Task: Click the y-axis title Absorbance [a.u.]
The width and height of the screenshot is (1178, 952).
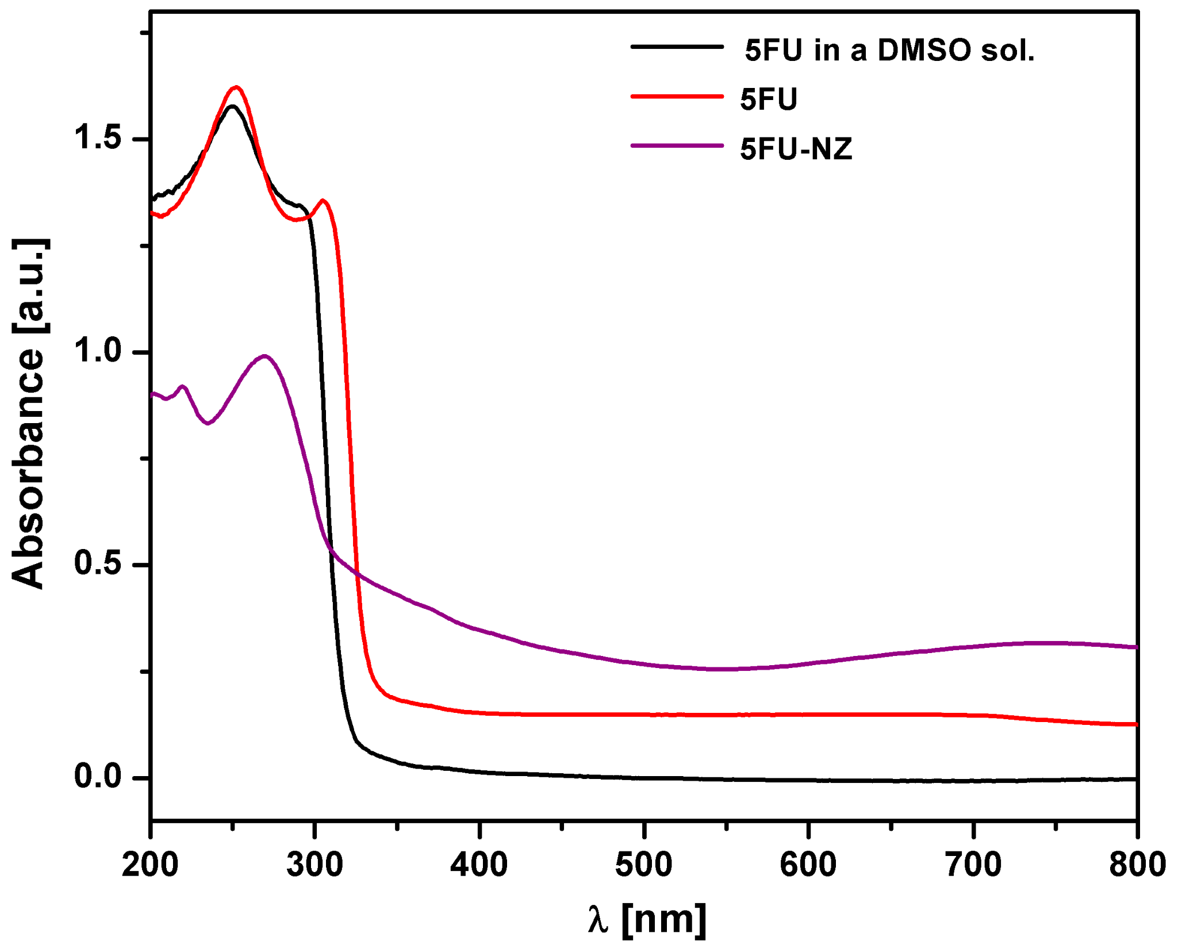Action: [29, 414]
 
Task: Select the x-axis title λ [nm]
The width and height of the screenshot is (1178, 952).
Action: [647, 919]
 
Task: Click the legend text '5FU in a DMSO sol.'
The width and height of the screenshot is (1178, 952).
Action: [889, 51]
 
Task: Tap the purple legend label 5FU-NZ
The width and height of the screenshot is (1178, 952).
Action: [796, 149]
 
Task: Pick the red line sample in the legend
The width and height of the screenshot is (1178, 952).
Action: [677, 97]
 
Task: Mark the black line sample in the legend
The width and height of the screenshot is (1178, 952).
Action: [677, 47]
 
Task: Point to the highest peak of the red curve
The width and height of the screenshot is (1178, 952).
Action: [236, 87]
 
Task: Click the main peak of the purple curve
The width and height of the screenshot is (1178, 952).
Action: [264, 356]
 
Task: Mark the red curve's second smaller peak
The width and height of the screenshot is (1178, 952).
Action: [324, 201]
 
